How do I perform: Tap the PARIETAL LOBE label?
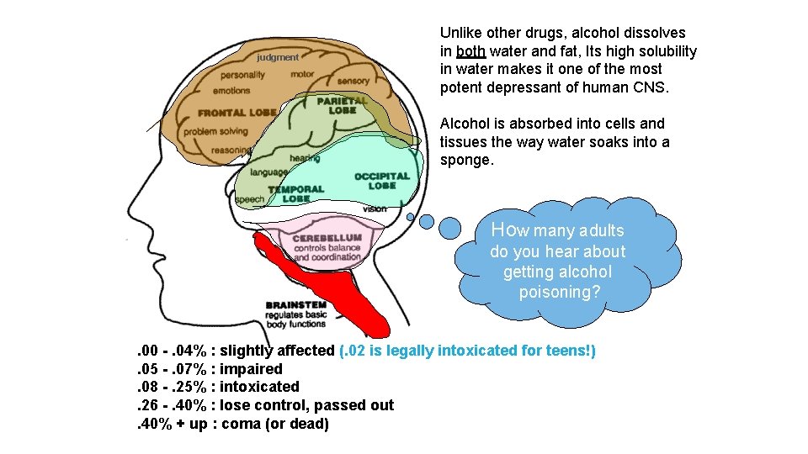[343, 105]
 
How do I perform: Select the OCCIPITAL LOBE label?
[381, 181]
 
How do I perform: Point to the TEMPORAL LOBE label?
[295, 194]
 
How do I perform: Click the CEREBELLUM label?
[327, 238]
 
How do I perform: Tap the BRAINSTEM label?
[295, 304]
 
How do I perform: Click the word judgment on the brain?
[278, 57]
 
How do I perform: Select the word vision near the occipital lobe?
[375, 209]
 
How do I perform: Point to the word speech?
[249, 199]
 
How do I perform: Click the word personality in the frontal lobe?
[242, 74]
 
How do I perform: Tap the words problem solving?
[215, 131]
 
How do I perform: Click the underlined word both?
[470, 51]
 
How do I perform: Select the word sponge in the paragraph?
[465, 161]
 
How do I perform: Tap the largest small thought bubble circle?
[451, 227]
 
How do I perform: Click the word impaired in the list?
[251, 369]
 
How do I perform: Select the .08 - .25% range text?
[173, 387]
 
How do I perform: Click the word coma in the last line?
[240, 424]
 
